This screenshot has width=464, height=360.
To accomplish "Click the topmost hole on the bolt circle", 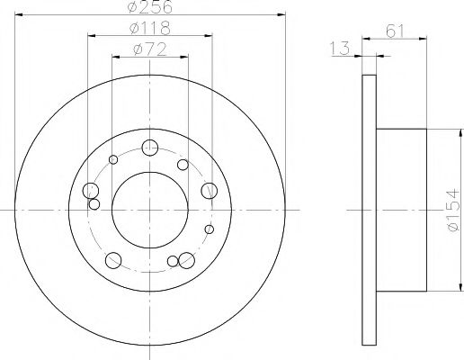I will pyautogui.click(x=150, y=148).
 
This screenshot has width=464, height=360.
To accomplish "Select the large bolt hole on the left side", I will pyautogui.click(x=90, y=191).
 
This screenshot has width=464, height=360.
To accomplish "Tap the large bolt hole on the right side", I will pyautogui.click(x=210, y=190).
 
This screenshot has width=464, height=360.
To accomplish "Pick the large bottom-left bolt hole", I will pyautogui.click(x=113, y=261).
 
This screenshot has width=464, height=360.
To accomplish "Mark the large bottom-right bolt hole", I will pyautogui.click(x=187, y=260).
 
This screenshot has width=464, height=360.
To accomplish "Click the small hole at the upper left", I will pyautogui.click(x=113, y=161).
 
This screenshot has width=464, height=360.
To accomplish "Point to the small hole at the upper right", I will pyautogui.click(x=183, y=165).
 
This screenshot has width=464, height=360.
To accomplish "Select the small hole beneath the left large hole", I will pyautogui.click(x=94, y=204).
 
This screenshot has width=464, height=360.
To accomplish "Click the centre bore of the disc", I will pyautogui.click(x=150, y=208).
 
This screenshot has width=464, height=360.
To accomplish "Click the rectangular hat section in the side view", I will pyautogui.click(x=400, y=208).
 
